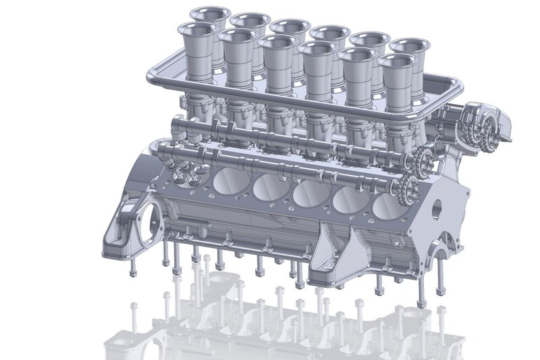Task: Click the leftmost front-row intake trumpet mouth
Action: tap(196, 29)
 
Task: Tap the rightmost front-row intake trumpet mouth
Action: tap(398, 63)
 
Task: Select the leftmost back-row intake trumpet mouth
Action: tap(209, 13)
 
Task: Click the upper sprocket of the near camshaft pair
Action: tap(423, 160)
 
